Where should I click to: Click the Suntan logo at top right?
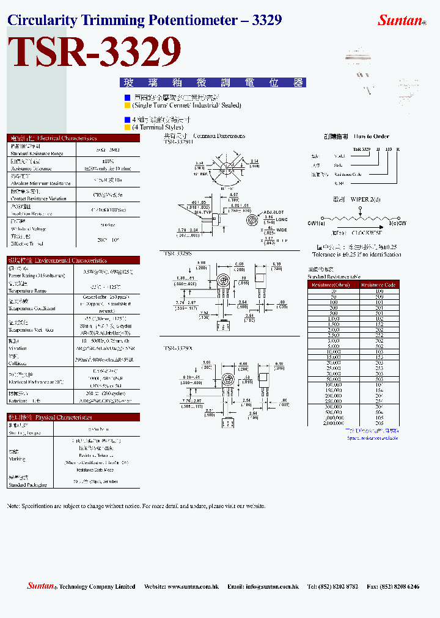click(x=401, y=20)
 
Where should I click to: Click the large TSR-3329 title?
click(x=95, y=53)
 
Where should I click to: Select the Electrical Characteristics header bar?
click(x=73, y=138)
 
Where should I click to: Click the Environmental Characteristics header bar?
click(x=73, y=260)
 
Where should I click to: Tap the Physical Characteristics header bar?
click(x=73, y=417)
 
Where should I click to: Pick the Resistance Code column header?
click(x=379, y=285)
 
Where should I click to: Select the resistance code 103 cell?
click(x=379, y=352)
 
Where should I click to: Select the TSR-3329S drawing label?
click(x=178, y=253)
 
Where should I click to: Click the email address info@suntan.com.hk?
click(x=271, y=586)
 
